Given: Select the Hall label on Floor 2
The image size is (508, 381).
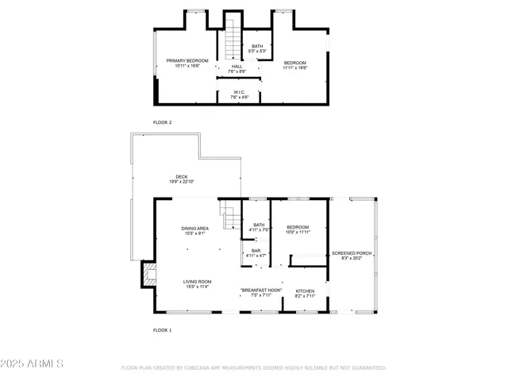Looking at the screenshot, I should point(237,69).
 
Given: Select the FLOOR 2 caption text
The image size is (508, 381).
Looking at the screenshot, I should point(162,122).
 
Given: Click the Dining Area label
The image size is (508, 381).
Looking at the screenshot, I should point(195,231).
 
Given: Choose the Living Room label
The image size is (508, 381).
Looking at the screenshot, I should point(198,284).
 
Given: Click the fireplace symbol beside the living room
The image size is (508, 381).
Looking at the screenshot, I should point(148,275).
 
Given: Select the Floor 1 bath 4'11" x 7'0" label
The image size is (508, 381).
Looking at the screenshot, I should point(259,228).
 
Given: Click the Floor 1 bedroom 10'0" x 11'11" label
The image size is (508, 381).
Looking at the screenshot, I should point(298,229).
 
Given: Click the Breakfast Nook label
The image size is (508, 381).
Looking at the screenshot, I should point(261,294).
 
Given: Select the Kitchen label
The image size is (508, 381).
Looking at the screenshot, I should point(305,294).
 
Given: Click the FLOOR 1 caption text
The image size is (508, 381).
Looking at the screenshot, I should point(162,329).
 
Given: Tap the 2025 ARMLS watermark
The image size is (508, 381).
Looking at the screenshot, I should point(33,364).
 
